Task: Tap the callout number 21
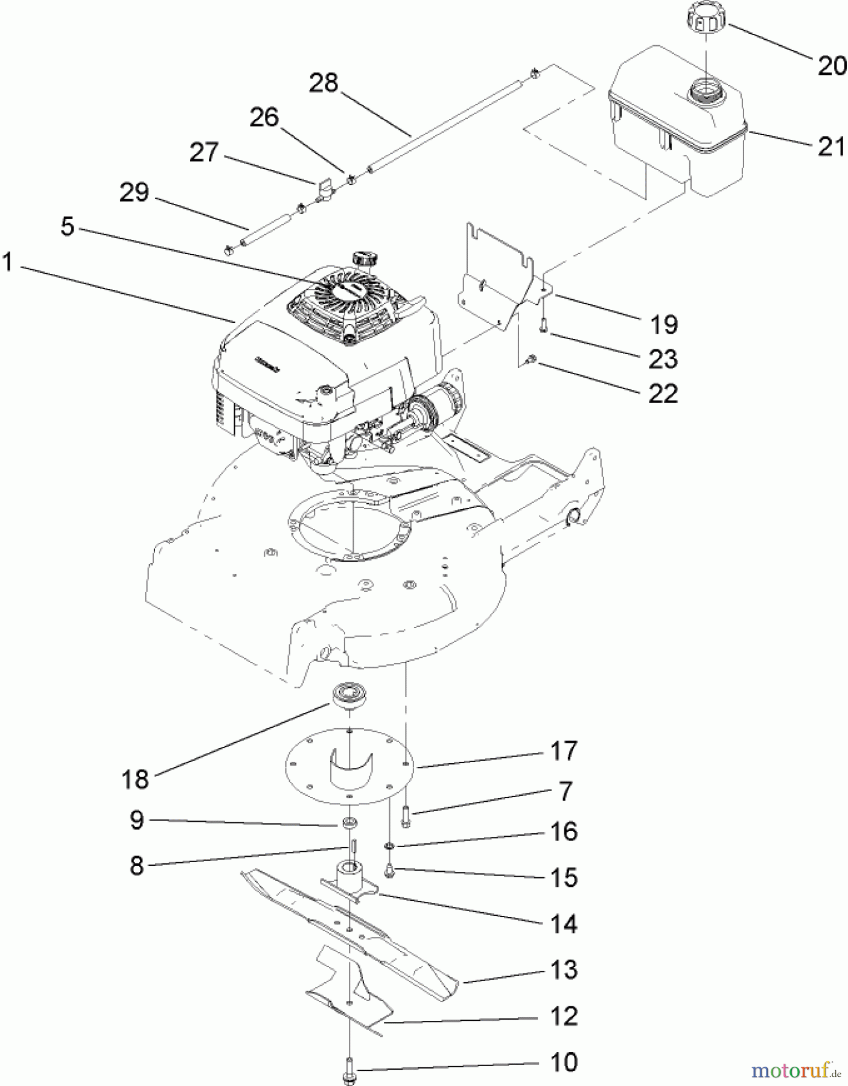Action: point(831,146)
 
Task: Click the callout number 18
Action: point(135,779)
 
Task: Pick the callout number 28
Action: point(324,83)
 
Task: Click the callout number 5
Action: point(68,227)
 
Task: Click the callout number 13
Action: point(564,970)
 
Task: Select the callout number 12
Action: point(564,1016)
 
